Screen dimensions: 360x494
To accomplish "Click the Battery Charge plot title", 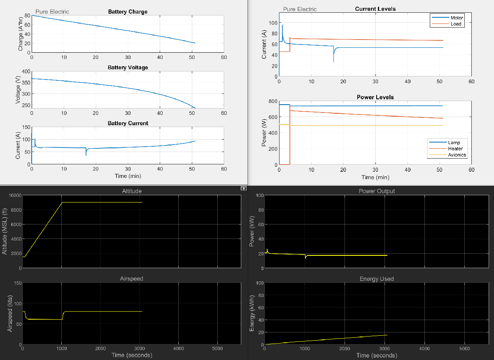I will pos(128,12).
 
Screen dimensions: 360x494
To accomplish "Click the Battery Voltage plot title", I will pos(128,68).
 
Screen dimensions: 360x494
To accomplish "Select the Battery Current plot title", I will pos(128,123).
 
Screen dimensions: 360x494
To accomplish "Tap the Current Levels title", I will pos(375,9).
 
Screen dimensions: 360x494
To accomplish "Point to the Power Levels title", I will pos(375,97).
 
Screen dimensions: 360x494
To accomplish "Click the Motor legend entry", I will pos(457,18).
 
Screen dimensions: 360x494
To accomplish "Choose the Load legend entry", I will pos(456,24).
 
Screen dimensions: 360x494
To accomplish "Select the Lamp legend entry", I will pos(454,143).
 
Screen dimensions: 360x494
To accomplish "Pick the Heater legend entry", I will pos(455,149).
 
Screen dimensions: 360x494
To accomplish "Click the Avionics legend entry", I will pos(457,155).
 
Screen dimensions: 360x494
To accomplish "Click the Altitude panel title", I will pos(132,191).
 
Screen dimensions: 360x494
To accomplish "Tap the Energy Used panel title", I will pos(376,279).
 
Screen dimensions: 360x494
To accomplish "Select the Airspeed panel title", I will pos(132,279).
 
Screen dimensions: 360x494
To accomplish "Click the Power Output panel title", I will pos(376,191).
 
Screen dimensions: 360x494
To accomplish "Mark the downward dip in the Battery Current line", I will pos(86,155).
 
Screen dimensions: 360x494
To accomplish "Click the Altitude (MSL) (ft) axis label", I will pos(5,231).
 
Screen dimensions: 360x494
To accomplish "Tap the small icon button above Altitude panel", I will pos(243,188).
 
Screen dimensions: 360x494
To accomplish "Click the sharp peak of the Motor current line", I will pos(282,25).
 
